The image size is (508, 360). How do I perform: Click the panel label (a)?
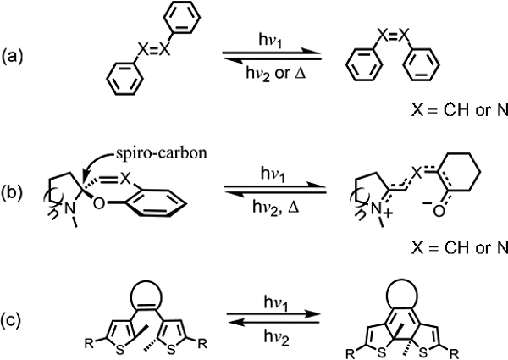[x=13, y=57]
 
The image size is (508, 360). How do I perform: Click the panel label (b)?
[x=13, y=193]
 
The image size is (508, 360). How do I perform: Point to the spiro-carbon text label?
[x=162, y=153]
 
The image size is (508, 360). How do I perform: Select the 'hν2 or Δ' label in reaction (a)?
[x=275, y=75]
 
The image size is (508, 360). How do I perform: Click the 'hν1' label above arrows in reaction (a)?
[x=270, y=42]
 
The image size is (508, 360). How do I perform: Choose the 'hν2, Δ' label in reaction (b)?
[x=275, y=207]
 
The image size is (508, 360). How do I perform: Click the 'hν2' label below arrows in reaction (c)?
[x=276, y=337]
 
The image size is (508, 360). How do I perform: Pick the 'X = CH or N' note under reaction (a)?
[x=460, y=111]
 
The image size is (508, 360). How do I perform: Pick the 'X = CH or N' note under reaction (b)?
[x=460, y=248]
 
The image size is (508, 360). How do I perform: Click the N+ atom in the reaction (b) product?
[x=379, y=210]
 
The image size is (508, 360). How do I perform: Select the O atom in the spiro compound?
[x=99, y=203]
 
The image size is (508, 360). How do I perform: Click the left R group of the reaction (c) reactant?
[x=89, y=343]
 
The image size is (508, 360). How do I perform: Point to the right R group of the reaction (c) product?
[x=454, y=354]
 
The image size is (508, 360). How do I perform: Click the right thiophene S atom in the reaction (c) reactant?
[x=172, y=350]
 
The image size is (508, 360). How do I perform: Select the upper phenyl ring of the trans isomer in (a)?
[x=181, y=17]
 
